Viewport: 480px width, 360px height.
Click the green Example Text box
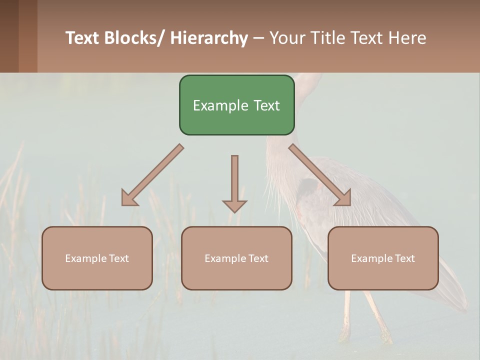click(x=236, y=105)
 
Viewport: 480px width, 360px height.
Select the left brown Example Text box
click(x=97, y=258)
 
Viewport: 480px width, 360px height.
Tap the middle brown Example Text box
click(x=236, y=258)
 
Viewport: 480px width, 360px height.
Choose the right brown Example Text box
click(x=383, y=258)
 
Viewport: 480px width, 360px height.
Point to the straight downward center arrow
click(x=234, y=180)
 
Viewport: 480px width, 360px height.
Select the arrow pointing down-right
click(x=320, y=175)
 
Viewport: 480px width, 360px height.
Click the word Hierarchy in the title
click(x=209, y=38)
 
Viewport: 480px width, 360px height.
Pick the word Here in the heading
click(x=408, y=38)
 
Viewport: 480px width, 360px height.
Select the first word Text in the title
click(x=82, y=38)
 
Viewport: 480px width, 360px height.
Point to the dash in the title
click(x=258, y=38)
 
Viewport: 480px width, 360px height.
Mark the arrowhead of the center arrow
click(x=234, y=206)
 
